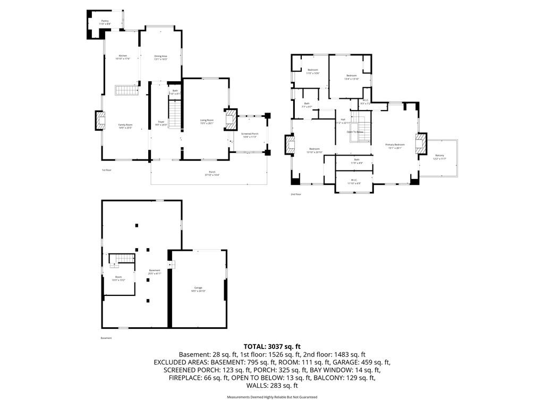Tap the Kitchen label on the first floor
click(x=123, y=57)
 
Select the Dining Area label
click(x=161, y=57)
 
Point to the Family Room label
click(x=125, y=126)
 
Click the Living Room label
click(x=207, y=122)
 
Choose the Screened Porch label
click(x=249, y=135)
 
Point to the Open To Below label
click(x=355, y=132)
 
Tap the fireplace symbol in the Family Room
click(x=99, y=121)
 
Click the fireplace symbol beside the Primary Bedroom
click(x=421, y=143)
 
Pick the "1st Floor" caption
click(x=107, y=170)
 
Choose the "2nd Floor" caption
click(x=296, y=194)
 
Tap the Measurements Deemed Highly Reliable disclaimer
click(x=272, y=397)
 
